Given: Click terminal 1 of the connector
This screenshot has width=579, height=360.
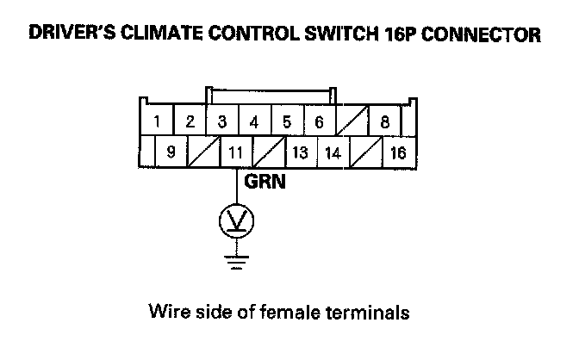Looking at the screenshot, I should pos(156,121).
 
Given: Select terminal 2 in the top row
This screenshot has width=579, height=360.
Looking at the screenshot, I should pos(190,121).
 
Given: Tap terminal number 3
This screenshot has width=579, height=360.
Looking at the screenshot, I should pos(221,121).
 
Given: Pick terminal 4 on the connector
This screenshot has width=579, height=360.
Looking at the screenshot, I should pos(253,121).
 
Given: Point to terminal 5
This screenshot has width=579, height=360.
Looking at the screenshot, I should pos(286,121).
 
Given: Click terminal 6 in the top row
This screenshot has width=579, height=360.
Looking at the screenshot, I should pos(318,121).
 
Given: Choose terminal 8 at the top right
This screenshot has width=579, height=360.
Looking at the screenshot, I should pos(385,121).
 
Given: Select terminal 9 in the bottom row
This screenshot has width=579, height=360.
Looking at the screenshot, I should pos(171,153).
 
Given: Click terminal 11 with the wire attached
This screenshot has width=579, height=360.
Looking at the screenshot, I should pos(236,153).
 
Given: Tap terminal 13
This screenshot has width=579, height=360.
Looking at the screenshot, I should pos(301,153).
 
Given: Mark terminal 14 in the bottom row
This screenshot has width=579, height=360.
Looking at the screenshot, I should pos(332,153).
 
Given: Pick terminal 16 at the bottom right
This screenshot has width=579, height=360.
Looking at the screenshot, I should pos(397,153).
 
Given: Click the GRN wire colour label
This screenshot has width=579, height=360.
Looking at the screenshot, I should pos(265,183).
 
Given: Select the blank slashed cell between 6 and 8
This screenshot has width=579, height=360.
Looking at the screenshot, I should pos(352,121).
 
